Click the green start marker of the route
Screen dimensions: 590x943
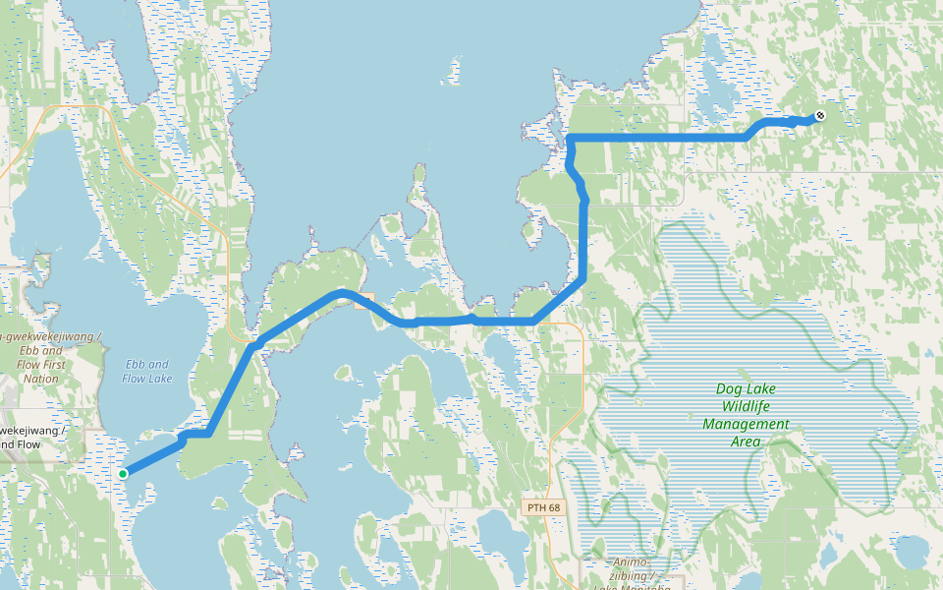point(123,474)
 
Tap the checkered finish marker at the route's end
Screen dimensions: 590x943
point(820,116)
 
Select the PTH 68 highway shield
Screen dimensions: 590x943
point(543,507)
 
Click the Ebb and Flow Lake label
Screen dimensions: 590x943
point(147,371)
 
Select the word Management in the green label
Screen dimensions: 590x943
point(746,424)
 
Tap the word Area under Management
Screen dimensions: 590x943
point(746,442)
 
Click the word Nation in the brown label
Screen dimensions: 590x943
point(41,378)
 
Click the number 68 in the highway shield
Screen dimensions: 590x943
point(554,507)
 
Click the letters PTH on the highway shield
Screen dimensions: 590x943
point(535,507)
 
